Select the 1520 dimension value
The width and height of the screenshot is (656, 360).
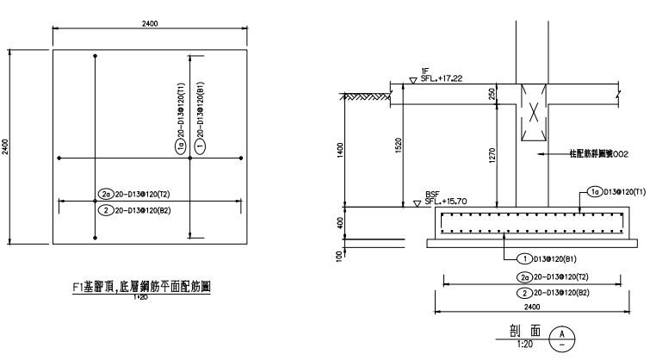pos(395,148)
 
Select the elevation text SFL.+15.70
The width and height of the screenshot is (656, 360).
pos(445,201)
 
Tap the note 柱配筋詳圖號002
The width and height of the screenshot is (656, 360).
pos(595,154)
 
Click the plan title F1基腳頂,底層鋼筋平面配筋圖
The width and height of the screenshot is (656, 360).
pos(141,288)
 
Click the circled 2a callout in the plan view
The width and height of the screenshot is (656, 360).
pos(107,194)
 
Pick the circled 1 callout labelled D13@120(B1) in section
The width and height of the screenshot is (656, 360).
pos(522,258)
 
